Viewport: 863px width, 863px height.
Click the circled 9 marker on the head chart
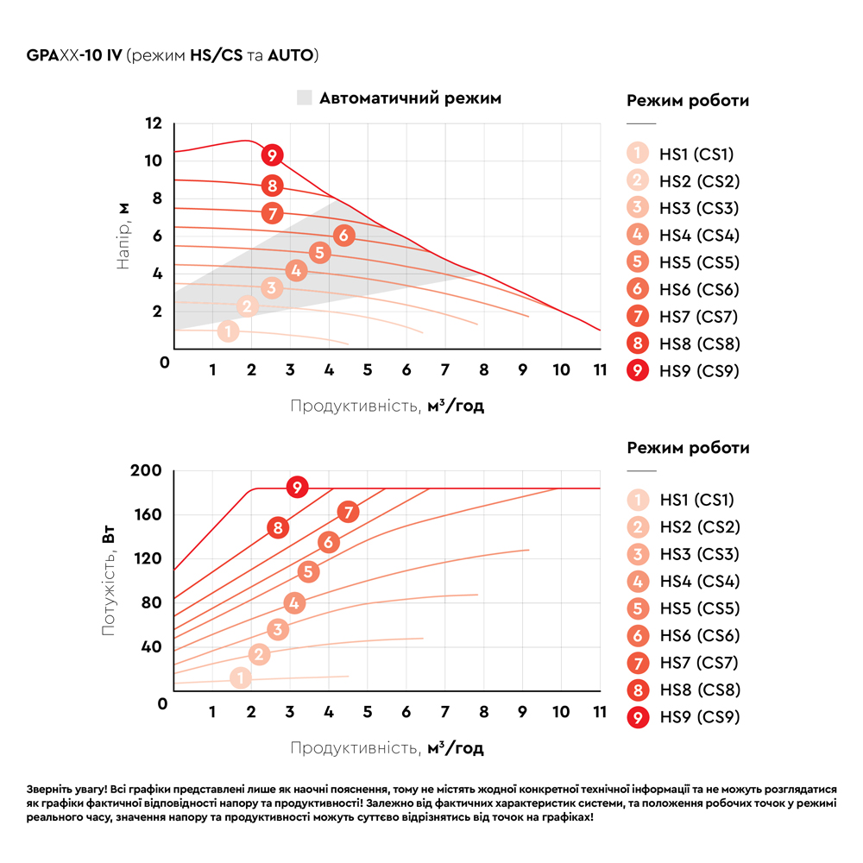pyautogui.click(x=272, y=156)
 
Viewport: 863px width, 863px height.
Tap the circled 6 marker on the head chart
pyautogui.click(x=343, y=235)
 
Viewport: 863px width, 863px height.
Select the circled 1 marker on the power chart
pyautogui.click(x=241, y=678)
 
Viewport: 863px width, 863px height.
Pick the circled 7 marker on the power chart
pyautogui.click(x=348, y=512)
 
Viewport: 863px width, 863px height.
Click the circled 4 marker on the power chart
pyautogui.click(x=294, y=603)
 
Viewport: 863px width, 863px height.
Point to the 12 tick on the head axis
pyautogui.click(x=154, y=123)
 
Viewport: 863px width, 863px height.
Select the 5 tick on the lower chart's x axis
pyautogui.click(x=367, y=713)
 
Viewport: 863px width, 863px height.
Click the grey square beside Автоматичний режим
pyautogui.click(x=303, y=98)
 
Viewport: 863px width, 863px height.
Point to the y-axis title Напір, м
pyautogui.click(x=123, y=236)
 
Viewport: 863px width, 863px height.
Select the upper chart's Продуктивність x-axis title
pyautogui.click(x=387, y=406)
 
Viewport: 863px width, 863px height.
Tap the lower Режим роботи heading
pyautogui.click(x=688, y=448)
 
